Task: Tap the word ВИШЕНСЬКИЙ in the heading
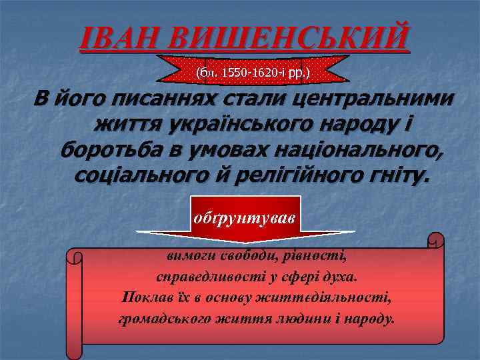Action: click(285, 39)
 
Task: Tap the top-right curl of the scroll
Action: click(435, 239)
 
